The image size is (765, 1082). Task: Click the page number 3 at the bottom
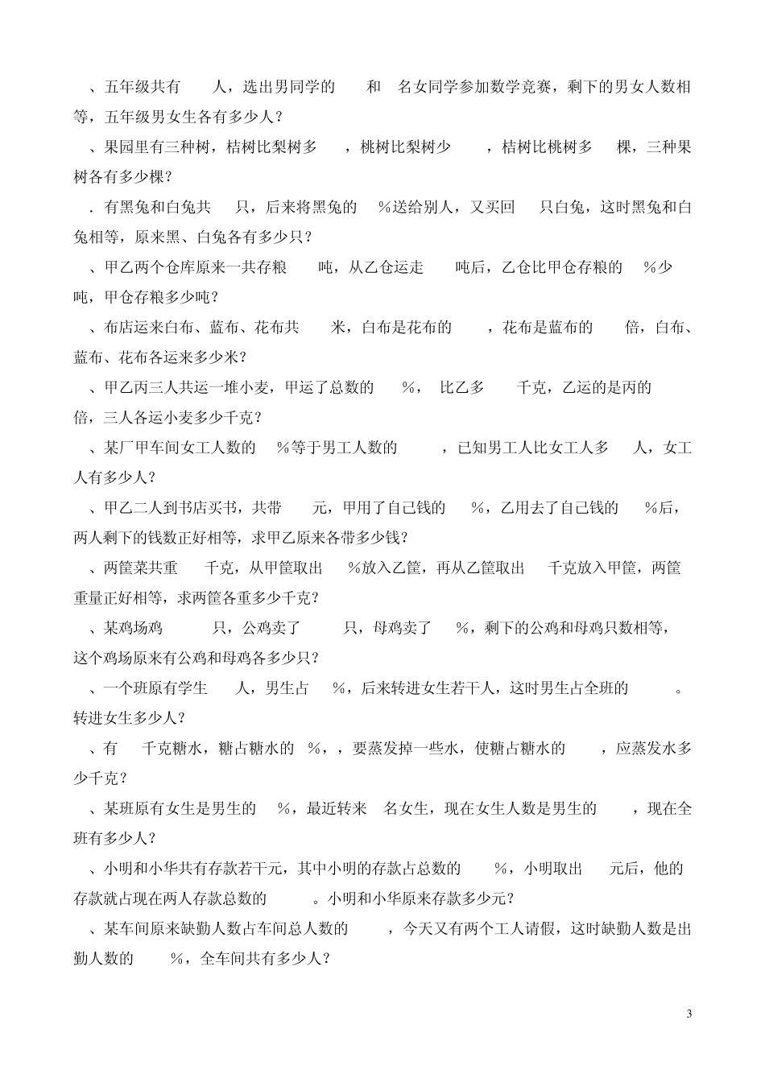[688, 1013]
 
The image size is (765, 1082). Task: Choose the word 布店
[119, 327]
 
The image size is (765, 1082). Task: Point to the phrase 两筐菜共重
[141, 568]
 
